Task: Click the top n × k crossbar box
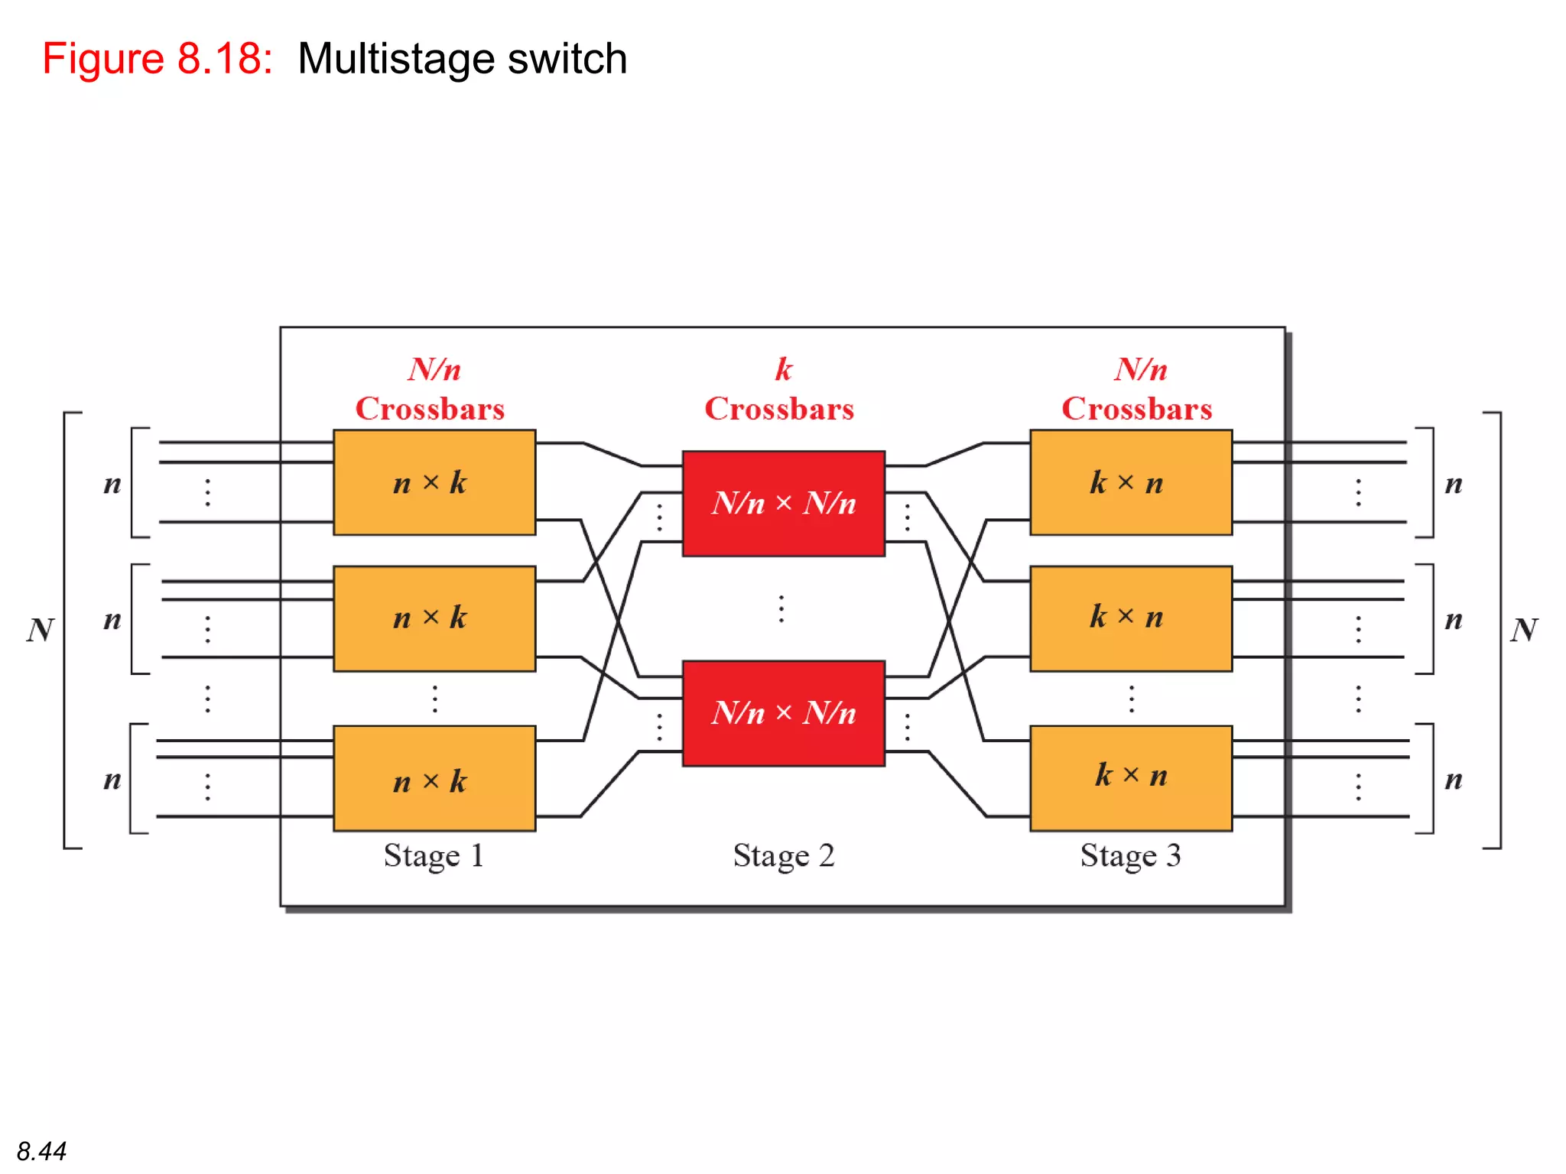[x=434, y=482]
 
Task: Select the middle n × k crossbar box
[x=434, y=618]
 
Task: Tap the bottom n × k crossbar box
[x=434, y=778]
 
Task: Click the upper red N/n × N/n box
[x=783, y=503]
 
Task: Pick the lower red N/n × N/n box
[x=783, y=713]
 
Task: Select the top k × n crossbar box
[x=1130, y=482]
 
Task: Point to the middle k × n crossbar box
[x=1130, y=618]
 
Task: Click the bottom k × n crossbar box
[x=1130, y=778]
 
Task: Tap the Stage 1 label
[x=433, y=856]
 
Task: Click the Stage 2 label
[x=783, y=856]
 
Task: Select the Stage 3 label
[x=1130, y=856]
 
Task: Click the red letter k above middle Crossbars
[x=783, y=369]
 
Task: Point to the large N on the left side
[x=41, y=630]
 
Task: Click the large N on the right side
[x=1523, y=630]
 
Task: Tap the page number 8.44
[x=41, y=1150]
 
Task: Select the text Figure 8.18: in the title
[x=158, y=59]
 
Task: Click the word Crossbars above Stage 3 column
[x=1136, y=409]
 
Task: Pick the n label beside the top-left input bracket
[x=112, y=484]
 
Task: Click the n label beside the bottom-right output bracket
[x=1453, y=780]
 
